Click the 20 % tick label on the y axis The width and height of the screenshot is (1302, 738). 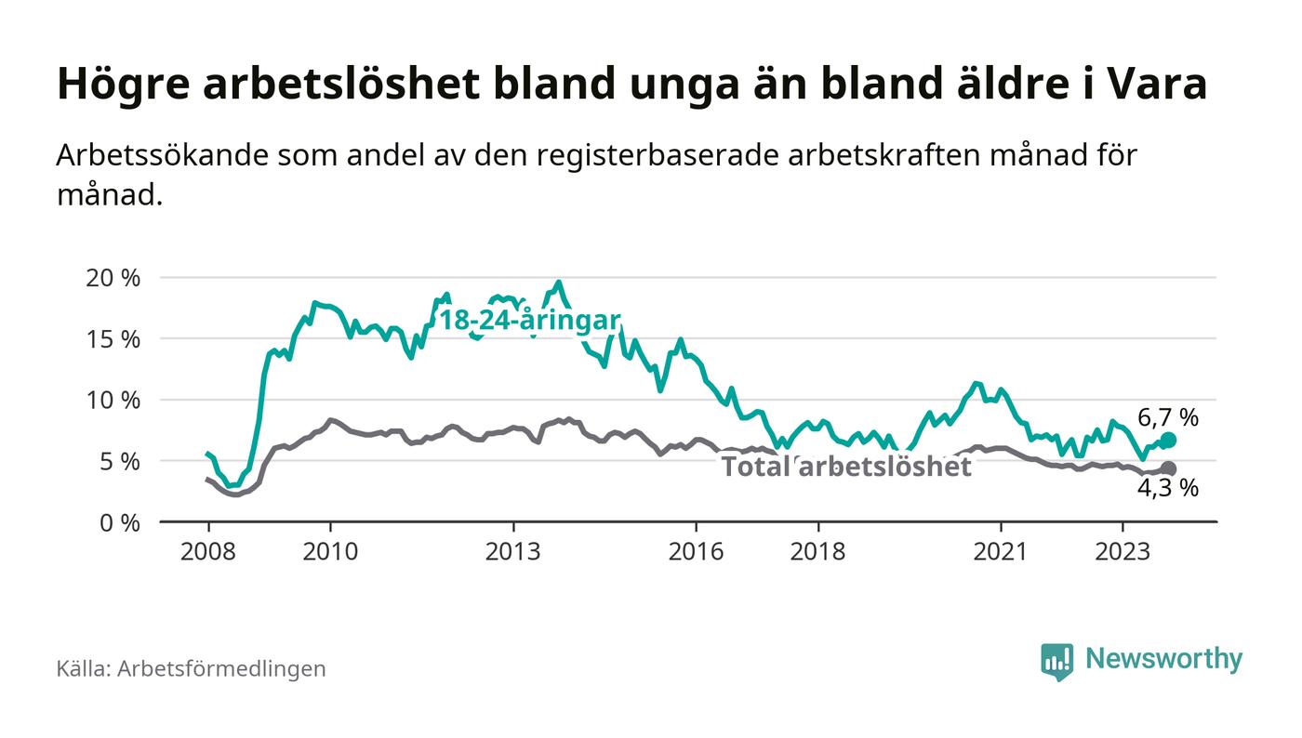(113, 278)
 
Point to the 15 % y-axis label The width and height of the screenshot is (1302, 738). (113, 339)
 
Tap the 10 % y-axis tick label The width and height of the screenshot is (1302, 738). (113, 401)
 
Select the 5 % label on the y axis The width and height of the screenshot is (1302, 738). (119, 462)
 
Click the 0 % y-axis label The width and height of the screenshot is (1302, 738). (119, 523)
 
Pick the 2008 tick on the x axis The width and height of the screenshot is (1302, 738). (207, 551)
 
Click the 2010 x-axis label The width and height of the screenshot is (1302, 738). (330, 551)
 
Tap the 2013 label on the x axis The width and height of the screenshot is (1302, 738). (513, 551)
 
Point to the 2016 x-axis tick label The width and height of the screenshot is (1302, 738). (696, 551)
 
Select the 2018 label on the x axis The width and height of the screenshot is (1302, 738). (818, 551)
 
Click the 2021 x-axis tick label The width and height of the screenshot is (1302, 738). (1001, 551)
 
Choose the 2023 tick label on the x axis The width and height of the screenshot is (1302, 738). (1123, 551)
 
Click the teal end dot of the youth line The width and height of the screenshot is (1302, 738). (1168, 440)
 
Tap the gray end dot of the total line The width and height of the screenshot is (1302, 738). (1168, 469)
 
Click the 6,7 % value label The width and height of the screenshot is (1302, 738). (1168, 418)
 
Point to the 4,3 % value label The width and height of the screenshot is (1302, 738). (1168, 489)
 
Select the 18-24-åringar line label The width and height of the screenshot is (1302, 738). (529, 321)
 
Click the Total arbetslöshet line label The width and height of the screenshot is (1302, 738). (846, 466)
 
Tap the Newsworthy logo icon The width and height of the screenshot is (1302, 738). (1056, 661)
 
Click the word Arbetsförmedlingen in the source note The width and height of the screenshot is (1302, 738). (221, 668)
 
